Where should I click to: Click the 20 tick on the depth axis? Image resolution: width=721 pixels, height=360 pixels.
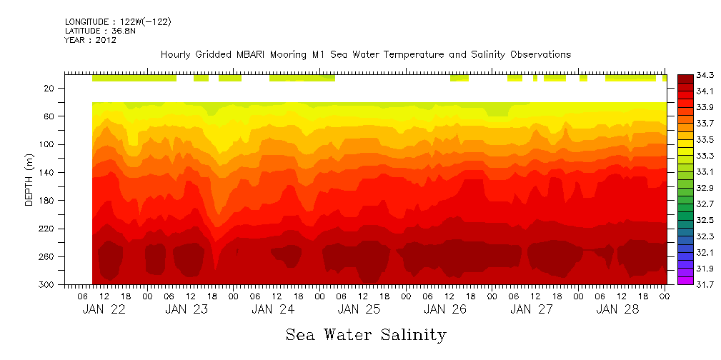click(49, 89)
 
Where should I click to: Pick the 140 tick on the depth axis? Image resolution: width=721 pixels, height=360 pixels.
click(47, 172)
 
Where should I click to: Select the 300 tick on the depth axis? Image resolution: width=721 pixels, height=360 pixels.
click(47, 284)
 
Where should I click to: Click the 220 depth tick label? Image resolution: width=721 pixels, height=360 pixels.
click(47, 229)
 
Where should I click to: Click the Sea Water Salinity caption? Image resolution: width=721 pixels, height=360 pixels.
click(366, 334)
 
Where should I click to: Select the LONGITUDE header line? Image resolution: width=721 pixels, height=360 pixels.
click(118, 22)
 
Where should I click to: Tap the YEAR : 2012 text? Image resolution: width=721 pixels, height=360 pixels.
click(90, 40)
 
